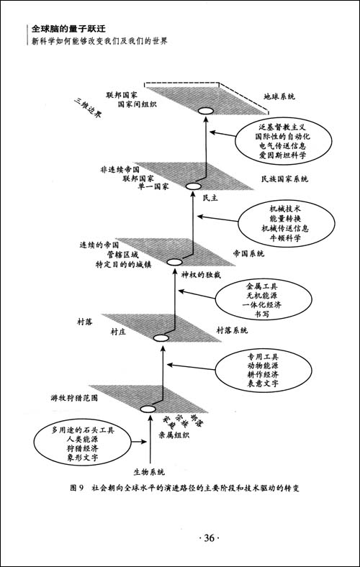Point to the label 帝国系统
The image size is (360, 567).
click(x=248, y=254)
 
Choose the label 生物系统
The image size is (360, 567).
click(x=150, y=472)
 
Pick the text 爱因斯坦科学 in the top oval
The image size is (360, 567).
click(x=277, y=154)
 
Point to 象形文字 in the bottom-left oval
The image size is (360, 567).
click(x=78, y=458)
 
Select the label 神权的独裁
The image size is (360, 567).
click(x=201, y=276)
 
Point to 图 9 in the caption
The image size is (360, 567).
click(x=77, y=488)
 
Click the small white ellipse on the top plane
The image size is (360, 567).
click(x=206, y=110)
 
